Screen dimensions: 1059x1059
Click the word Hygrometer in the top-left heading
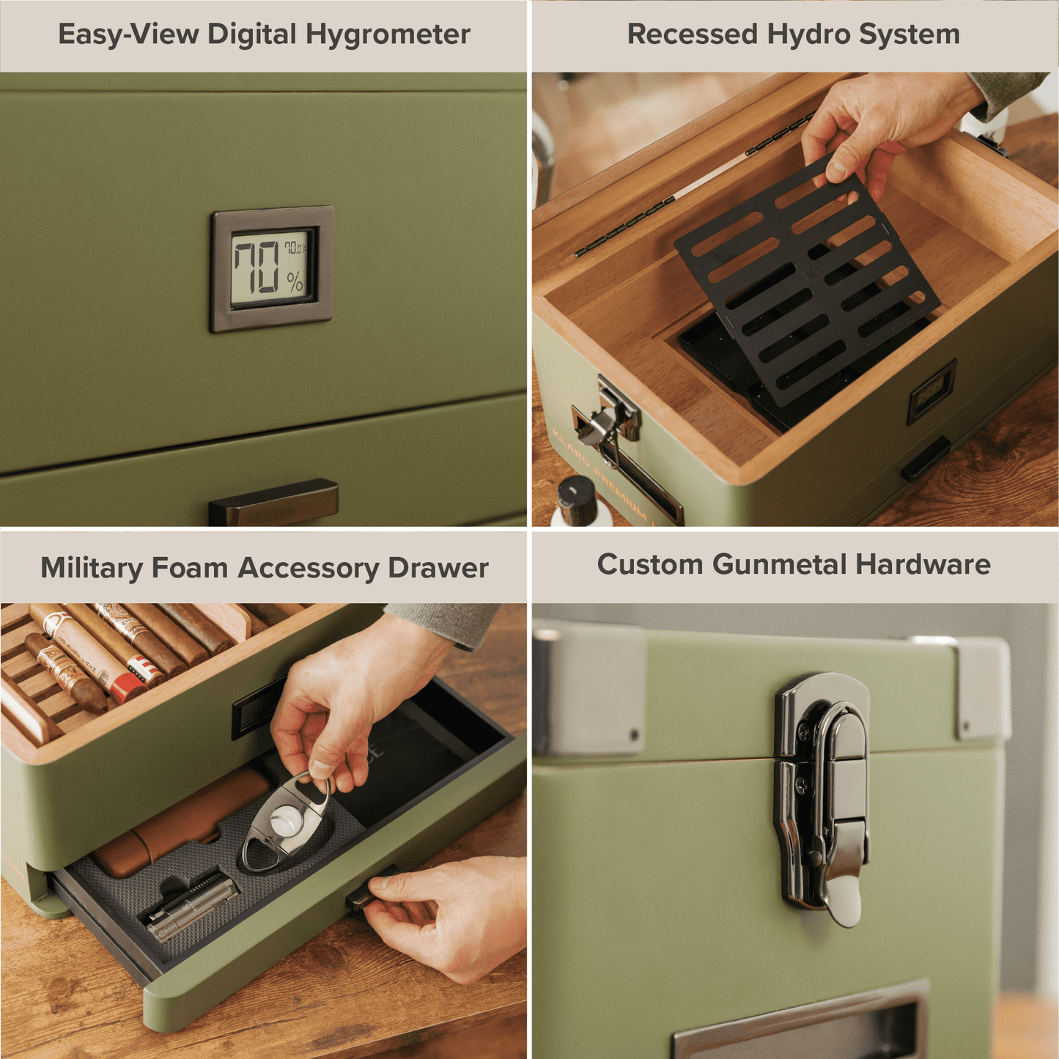(388, 35)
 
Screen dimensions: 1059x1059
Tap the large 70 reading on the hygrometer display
(257, 267)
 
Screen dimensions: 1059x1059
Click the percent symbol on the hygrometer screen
(295, 281)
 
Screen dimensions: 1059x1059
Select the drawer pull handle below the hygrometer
(273, 503)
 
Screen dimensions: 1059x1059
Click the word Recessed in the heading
(692, 34)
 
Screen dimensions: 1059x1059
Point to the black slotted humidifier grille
(806, 286)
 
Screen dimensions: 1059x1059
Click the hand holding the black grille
(879, 125)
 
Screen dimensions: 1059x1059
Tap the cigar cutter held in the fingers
(286, 821)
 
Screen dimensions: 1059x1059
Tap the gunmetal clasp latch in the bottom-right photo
(824, 799)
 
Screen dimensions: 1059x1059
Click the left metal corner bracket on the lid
(586, 689)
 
